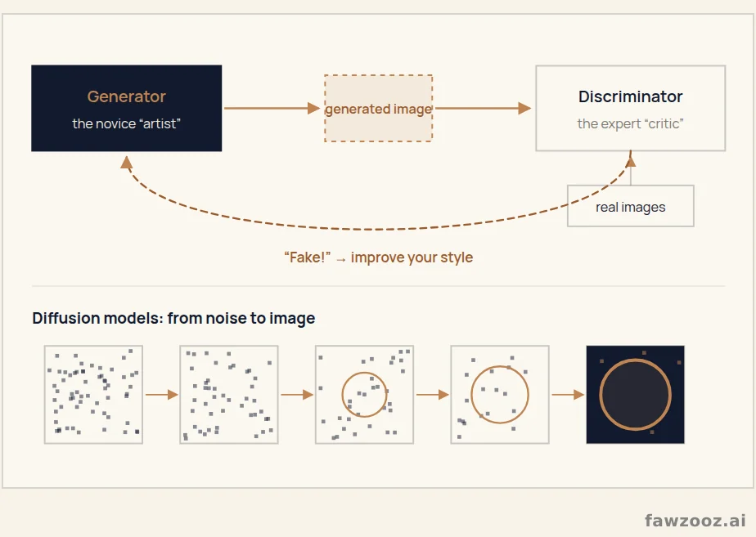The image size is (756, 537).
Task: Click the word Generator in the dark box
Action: pyautogui.click(x=126, y=96)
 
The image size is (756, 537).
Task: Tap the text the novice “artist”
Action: pyautogui.click(x=126, y=123)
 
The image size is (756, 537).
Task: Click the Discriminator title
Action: pyautogui.click(x=630, y=96)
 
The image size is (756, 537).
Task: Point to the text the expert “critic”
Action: pyautogui.click(x=630, y=123)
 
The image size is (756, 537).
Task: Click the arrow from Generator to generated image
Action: pyautogui.click(x=272, y=109)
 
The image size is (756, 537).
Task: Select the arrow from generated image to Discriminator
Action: pyautogui.click(x=483, y=109)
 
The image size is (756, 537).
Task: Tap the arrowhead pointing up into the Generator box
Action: pyautogui.click(x=126, y=163)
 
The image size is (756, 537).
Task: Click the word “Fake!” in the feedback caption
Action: pyautogui.click(x=307, y=257)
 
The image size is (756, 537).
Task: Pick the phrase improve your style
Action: pyautogui.click(x=412, y=257)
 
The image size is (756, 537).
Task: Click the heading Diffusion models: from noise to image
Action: pyautogui.click(x=173, y=318)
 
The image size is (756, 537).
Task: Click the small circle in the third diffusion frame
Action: pyautogui.click(x=342, y=395)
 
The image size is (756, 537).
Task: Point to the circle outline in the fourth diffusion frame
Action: pyautogui.click(x=471, y=395)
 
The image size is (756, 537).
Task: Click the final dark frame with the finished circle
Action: pyautogui.click(x=636, y=395)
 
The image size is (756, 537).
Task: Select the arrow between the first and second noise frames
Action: pyautogui.click(x=161, y=395)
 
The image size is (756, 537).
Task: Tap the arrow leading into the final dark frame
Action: pyautogui.click(x=568, y=395)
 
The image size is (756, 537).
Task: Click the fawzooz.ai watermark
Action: pyautogui.click(x=695, y=520)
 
